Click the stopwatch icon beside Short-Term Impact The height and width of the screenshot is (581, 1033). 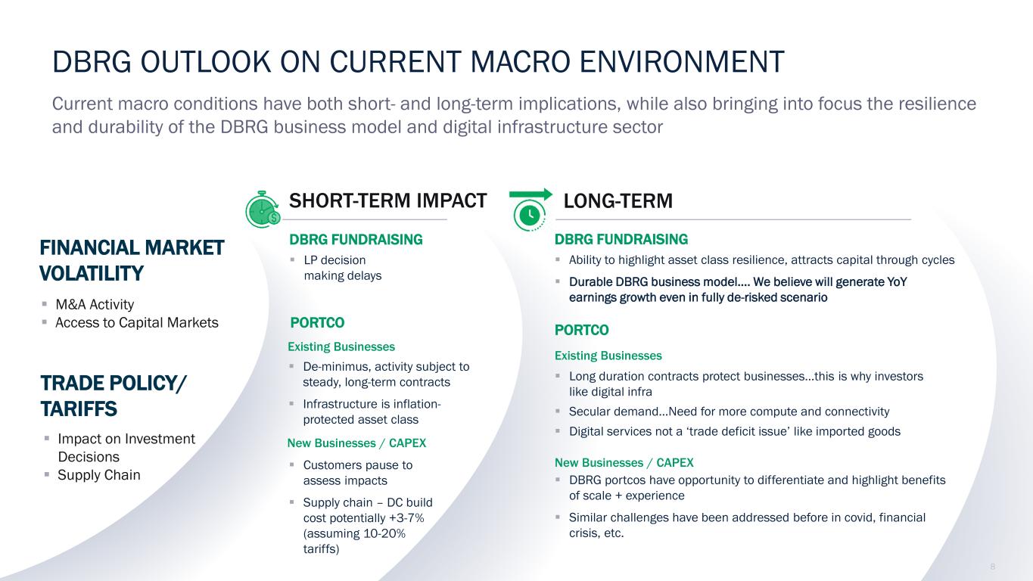coord(263,210)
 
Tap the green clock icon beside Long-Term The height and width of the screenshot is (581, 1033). coord(530,216)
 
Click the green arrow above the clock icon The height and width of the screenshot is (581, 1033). coord(531,194)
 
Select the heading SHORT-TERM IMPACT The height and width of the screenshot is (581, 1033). coord(387,200)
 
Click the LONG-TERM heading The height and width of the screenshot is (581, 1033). coord(618,201)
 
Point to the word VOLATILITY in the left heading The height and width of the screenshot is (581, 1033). coord(92,273)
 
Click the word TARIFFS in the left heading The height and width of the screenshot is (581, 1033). coord(79,409)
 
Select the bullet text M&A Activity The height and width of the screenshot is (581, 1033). coord(95,304)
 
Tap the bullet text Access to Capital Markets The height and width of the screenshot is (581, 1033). coord(137,323)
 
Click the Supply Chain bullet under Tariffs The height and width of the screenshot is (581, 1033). coord(99,475)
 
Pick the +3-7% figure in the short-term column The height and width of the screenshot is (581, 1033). coord(406,518)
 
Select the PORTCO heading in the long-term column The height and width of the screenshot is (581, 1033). coord(581,330)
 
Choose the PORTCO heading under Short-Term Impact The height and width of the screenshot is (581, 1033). coord(317,323)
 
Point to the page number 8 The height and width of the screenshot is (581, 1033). coord(992,567)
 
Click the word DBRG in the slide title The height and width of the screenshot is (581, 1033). coord(92,62)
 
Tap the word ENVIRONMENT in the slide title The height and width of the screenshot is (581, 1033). coord(682,62)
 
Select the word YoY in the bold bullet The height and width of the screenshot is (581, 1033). coord(897,281)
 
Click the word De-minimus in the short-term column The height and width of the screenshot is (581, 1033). coord(336,367)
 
